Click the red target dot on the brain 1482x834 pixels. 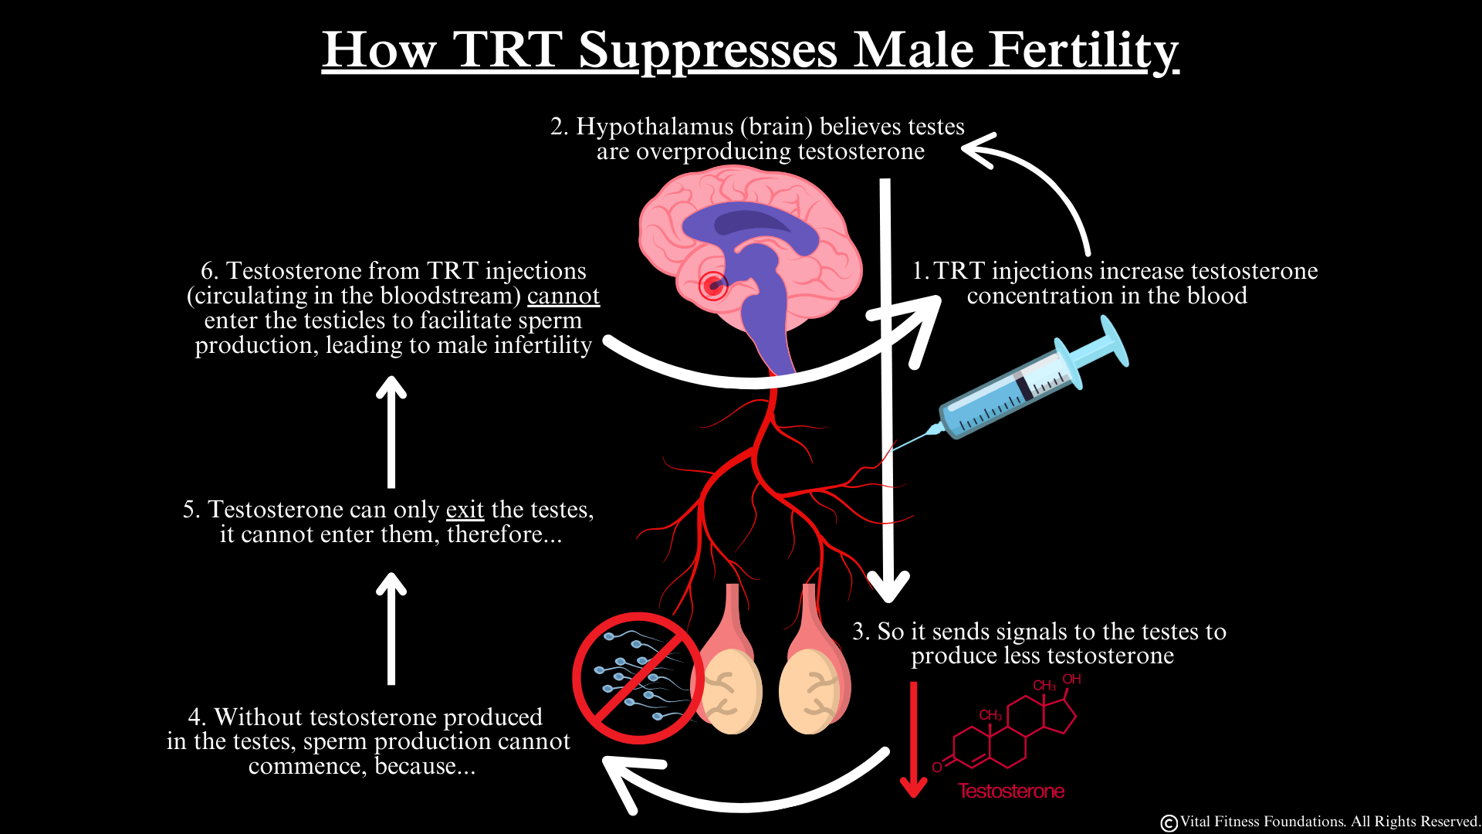[713, 286]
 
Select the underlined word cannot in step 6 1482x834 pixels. [563, 296]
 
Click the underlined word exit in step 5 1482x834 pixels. [465, 510]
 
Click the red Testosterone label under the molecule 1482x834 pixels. [1011, 792]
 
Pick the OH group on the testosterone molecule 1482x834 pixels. [1071, 680]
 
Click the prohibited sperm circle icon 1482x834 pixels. [638, 679]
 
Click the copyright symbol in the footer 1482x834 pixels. [1169, 823]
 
